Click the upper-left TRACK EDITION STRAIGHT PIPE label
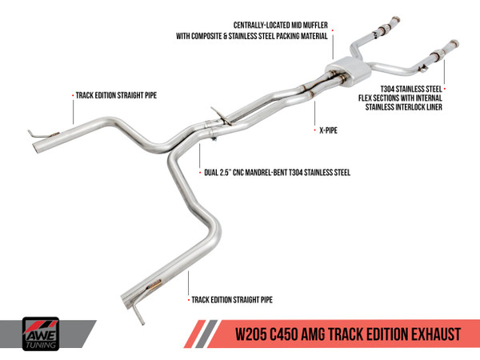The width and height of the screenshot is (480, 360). pyautogui.click(x=115, y=94)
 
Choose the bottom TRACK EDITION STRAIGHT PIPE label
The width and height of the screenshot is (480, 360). pyautogui.click(x=231, y=300)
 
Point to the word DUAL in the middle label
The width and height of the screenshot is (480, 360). pyautogui.click(x=213, y=171)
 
